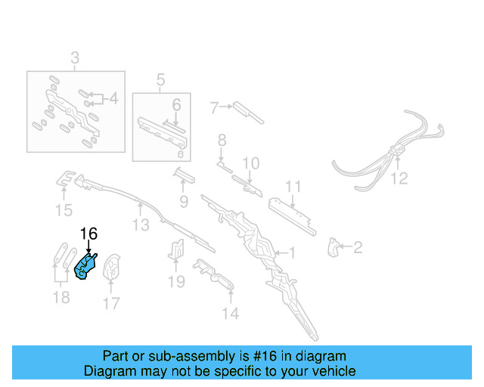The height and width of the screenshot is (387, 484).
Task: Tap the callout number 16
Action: click(88, 234)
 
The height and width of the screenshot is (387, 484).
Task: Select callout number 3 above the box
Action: click(75, 57)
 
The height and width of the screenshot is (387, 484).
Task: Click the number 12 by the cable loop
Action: click(399, 178)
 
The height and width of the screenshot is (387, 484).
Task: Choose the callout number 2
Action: click(358, 246)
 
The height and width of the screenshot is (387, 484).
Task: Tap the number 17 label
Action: click(111, 305)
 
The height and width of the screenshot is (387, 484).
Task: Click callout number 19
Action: click(175, 282)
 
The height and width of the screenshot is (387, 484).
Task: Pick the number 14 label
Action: click(230, 313)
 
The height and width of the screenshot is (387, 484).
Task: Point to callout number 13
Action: click(141, 224)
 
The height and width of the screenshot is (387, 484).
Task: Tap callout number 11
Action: click(293, 187)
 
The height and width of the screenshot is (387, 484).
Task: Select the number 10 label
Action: click(250, 163)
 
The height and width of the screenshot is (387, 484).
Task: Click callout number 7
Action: click(214, 108)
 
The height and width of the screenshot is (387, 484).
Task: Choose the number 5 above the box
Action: click(160, 79)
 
